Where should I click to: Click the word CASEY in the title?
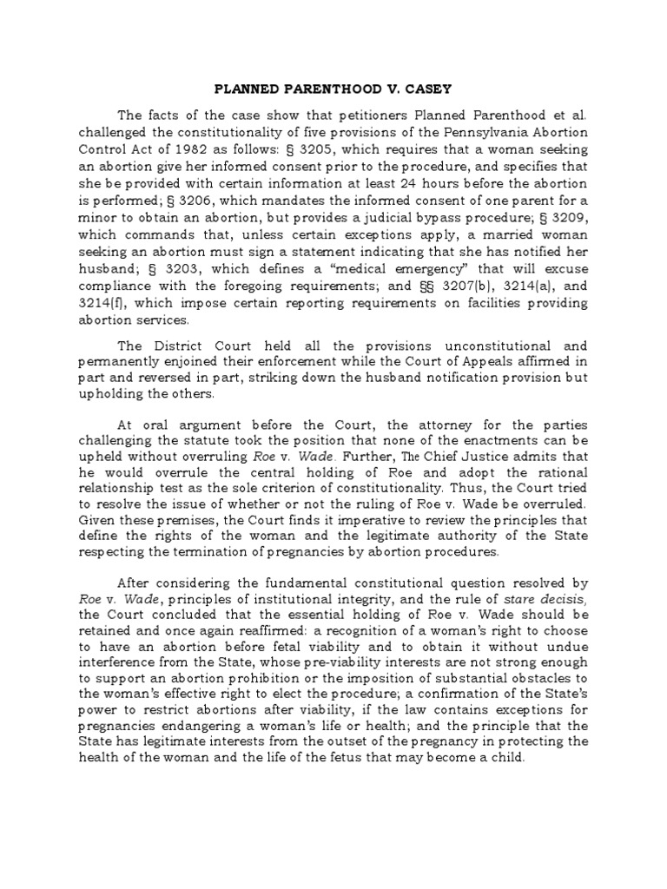(430, 88)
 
